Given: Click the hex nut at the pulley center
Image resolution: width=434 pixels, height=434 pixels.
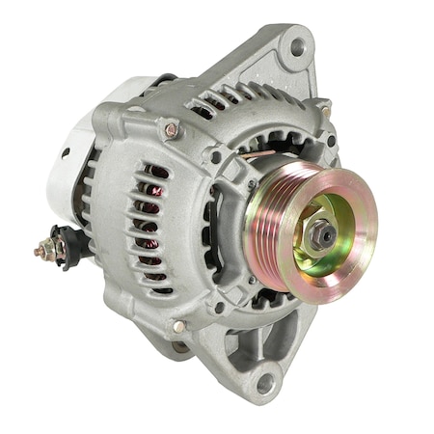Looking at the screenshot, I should coord(321,232).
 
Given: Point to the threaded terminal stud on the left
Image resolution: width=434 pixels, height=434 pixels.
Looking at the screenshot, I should coord(44,251).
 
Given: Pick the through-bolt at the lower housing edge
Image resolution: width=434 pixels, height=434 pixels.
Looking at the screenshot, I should coord(179,327).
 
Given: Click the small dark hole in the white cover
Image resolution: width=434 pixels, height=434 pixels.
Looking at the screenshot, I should coord(65,151).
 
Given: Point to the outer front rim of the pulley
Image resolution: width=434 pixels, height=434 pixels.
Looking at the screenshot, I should coord(371,231).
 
